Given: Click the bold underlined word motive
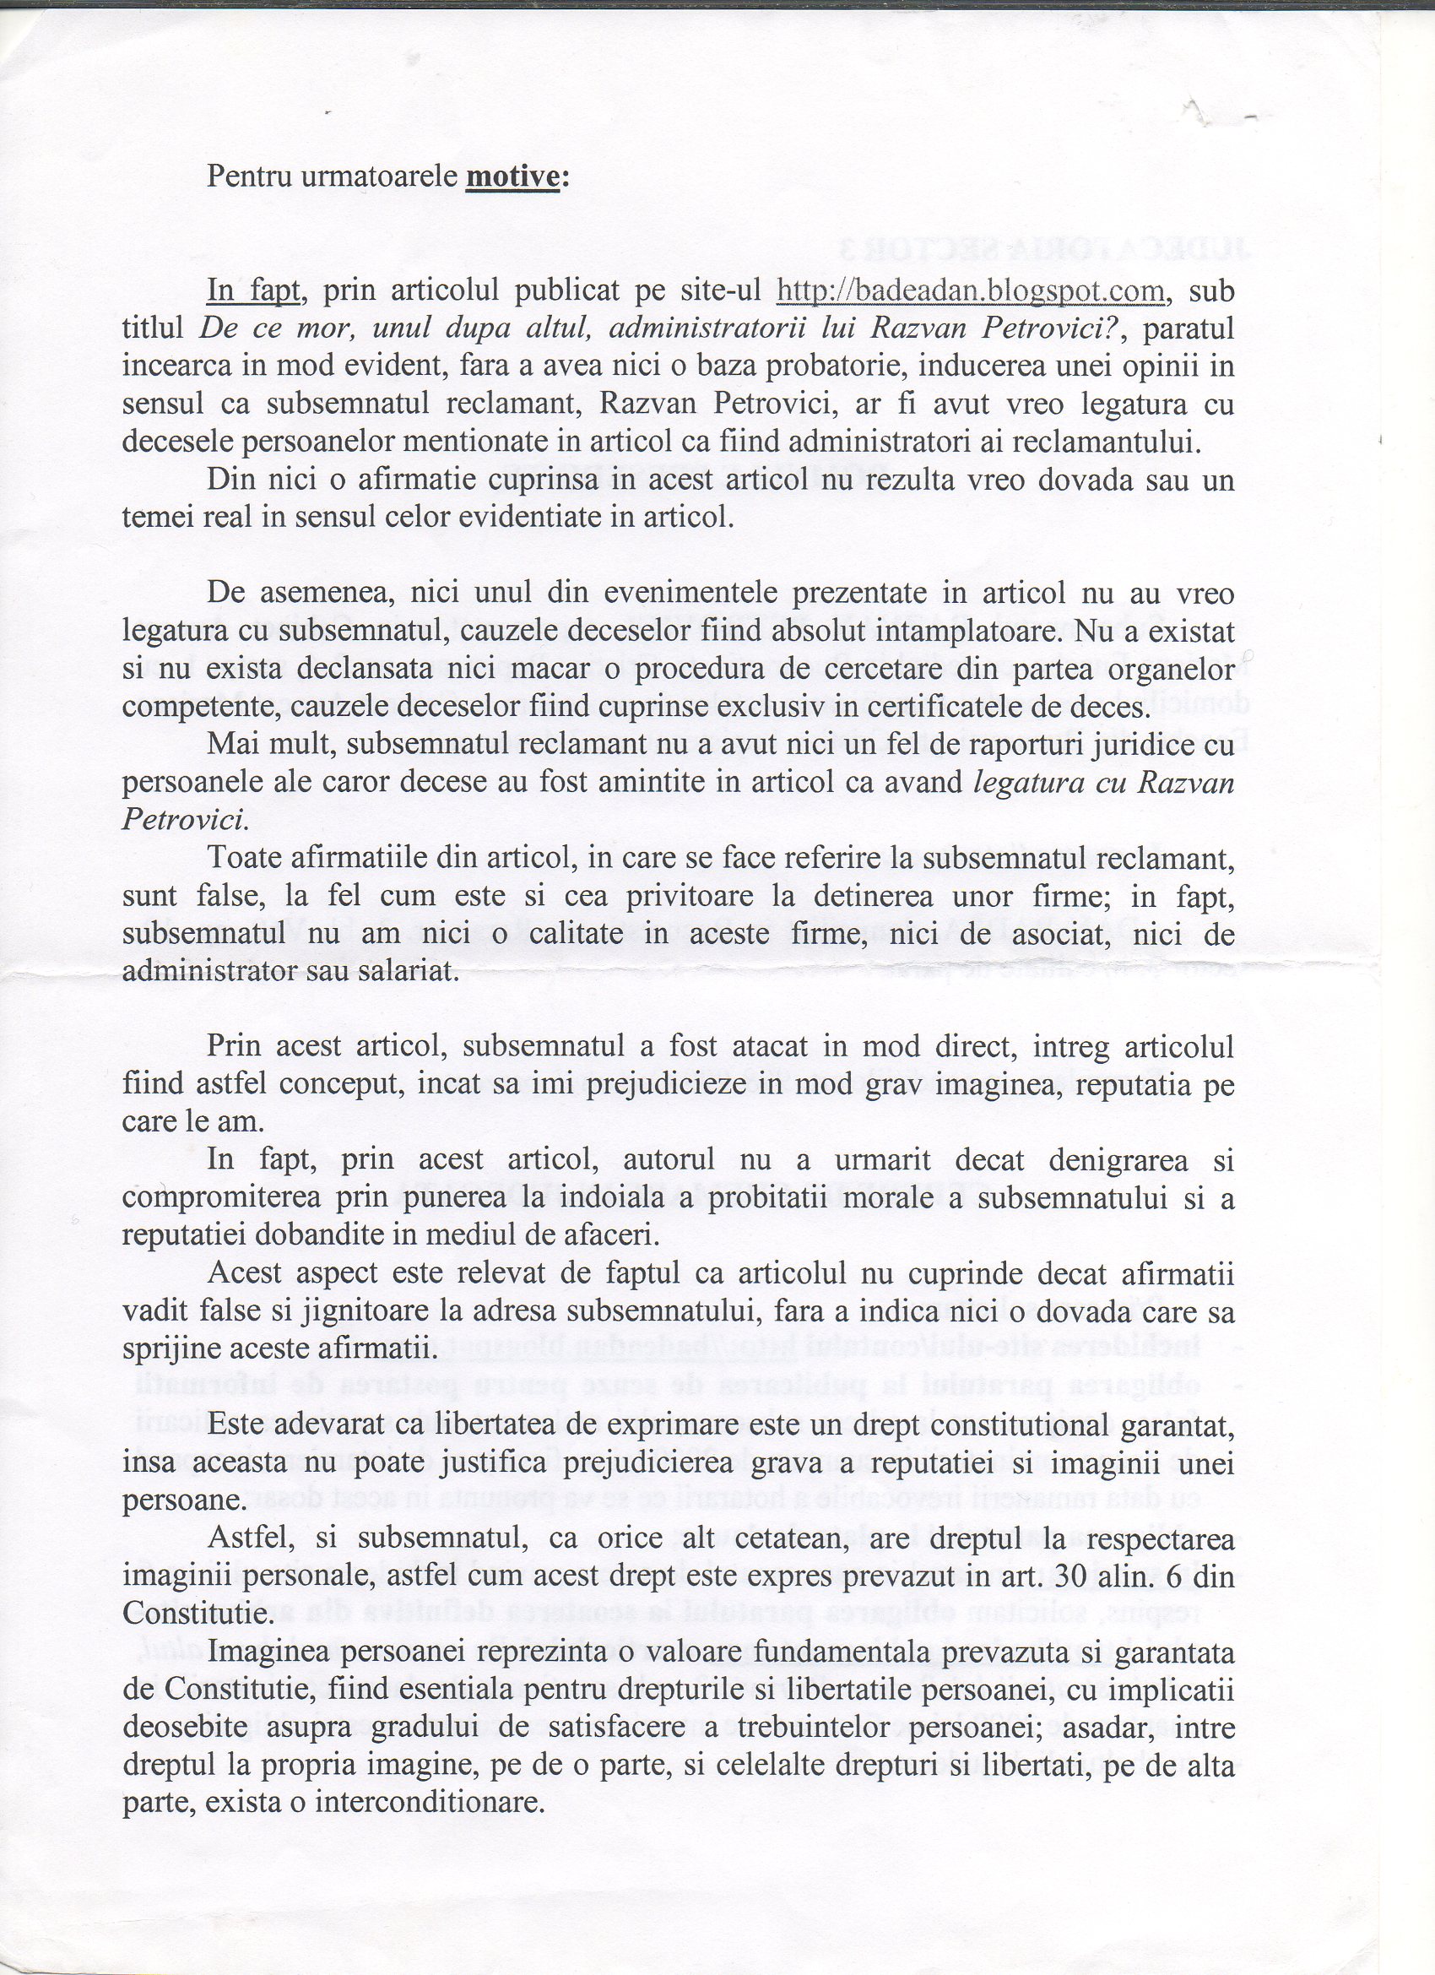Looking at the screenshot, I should point(513,176).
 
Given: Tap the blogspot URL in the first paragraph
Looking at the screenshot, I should point(969,290).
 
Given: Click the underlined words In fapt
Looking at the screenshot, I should point(253,290).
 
